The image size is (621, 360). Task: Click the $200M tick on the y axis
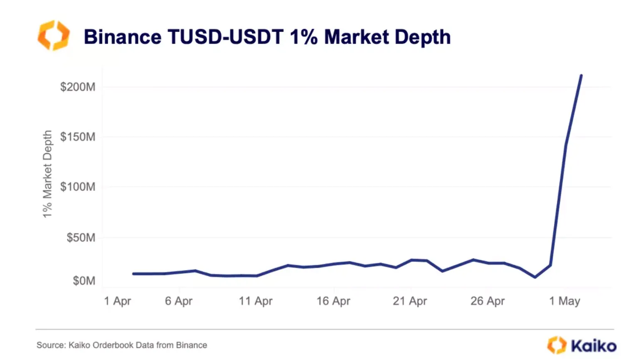[x=78, y=87]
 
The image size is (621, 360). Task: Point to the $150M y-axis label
[x=78, y=137]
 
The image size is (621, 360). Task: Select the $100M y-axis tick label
[x=78, y=187]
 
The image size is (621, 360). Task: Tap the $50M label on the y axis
[x=81, y=237]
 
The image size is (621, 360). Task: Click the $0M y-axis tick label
[x=84, y=281]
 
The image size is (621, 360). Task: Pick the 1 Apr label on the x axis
[x=117, y=301]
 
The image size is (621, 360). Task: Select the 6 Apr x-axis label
[x=179, y=301]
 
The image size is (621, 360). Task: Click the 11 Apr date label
[x=256, y=301]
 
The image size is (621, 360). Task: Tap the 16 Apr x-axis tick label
[x=333, y=301]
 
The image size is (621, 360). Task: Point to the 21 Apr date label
[x=410, y=301]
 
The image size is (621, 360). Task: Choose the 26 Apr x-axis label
[x=488, y=301]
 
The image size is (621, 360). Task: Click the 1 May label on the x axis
[x=564, y=301]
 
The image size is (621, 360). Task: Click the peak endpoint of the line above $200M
[x=581, y=75]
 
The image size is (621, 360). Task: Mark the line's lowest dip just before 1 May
[x=535, y=277]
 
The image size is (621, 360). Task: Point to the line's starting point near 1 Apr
[x=133, y=274]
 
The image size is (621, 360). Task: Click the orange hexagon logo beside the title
[x=53, y=36]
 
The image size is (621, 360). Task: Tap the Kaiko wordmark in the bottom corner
[x=593, y=345]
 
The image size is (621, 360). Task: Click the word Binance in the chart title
[x=123, y=37]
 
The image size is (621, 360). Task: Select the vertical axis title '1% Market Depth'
[x=47, y=174]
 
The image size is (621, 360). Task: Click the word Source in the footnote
[x=51, y=345]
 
